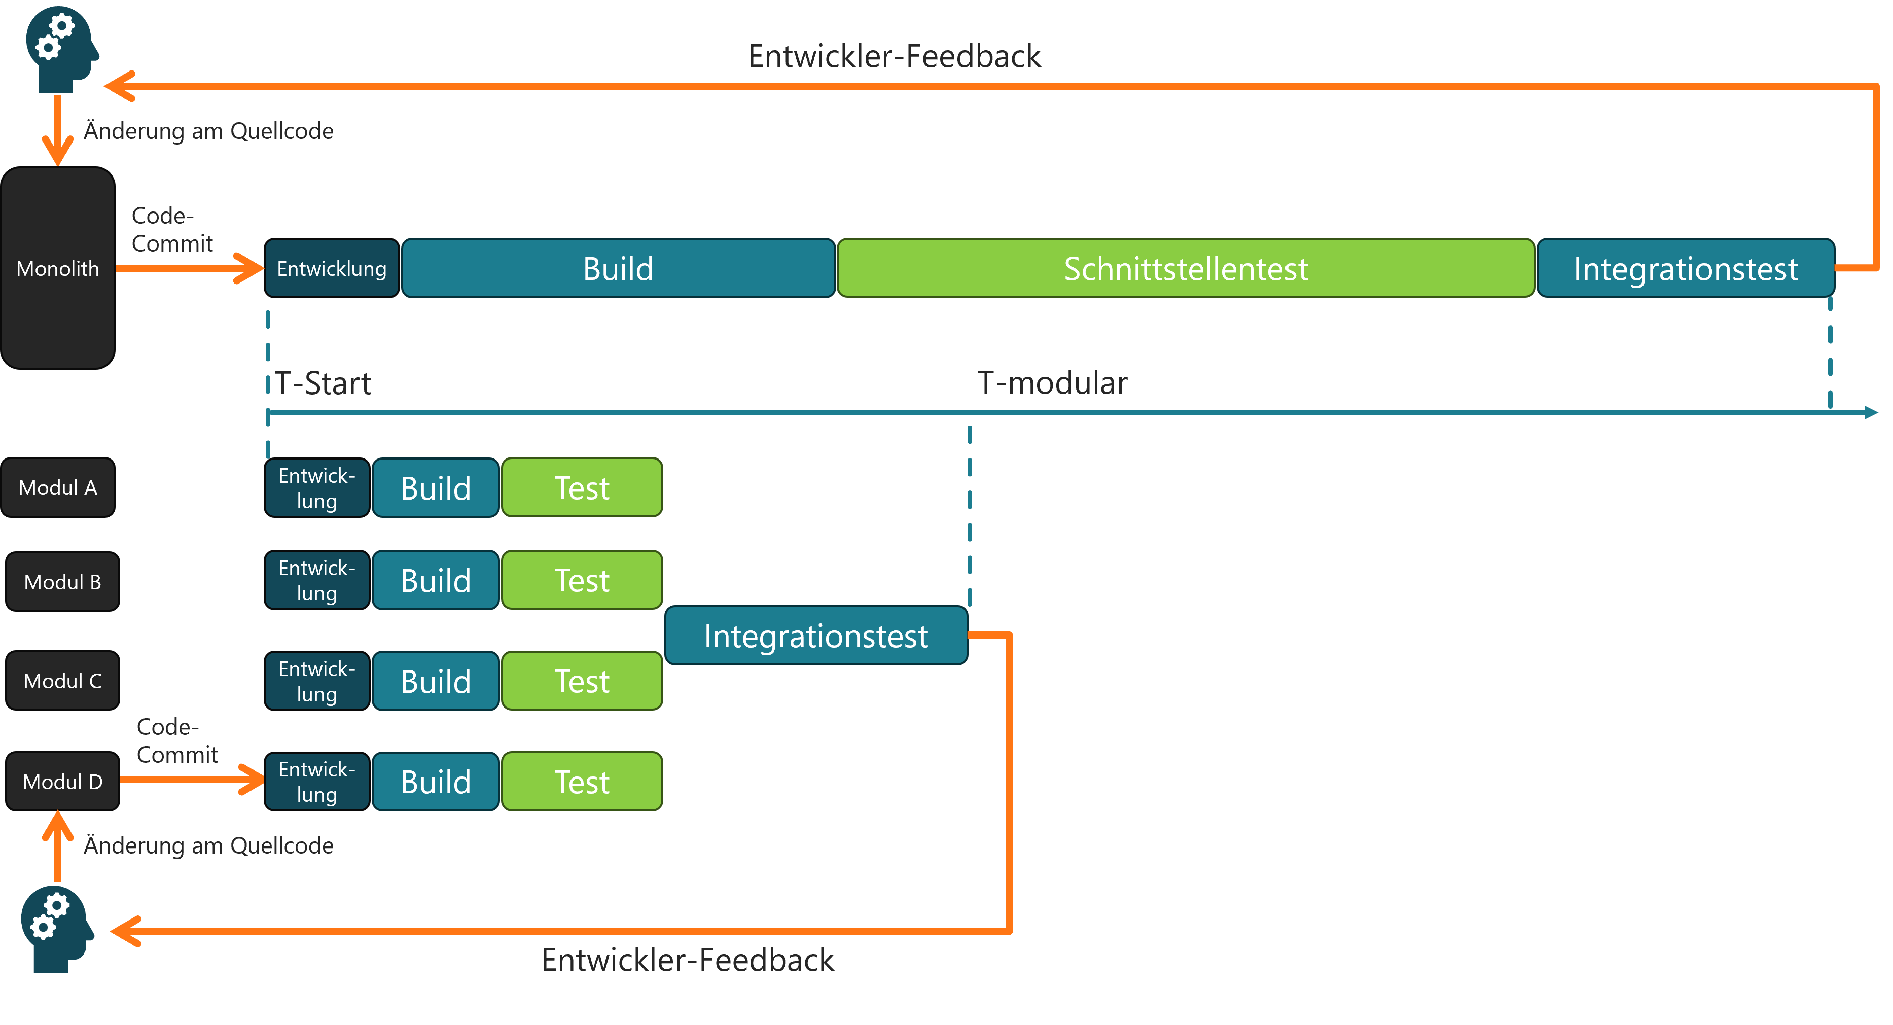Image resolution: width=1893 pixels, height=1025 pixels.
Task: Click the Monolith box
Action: click(x=57, y=268)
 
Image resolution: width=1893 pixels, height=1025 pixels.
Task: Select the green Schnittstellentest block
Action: click(x=1185, y=268)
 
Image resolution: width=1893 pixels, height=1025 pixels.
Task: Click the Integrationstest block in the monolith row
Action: click(x=1685, y=268)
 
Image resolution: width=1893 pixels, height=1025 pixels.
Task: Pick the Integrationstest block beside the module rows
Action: click(x=816, y=635)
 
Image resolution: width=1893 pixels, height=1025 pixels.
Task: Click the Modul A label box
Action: click(x=57, y=488)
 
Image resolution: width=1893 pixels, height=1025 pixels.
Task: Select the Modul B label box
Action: click(x=62, y=582)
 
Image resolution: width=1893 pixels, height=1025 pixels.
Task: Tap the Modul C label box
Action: click(x=62, y=681)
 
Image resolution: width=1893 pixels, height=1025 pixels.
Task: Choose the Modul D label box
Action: click(x=62, y=782)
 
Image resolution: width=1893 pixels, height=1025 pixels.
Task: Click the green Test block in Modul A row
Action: click(x=581, y=488)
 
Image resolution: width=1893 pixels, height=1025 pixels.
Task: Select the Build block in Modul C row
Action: click(x=435, y=681)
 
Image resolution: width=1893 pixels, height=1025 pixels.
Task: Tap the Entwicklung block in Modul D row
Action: click(x=317, y=782)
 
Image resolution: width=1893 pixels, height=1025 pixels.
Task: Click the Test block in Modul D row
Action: click(x=581, y=782)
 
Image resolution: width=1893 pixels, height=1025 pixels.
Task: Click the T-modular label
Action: click(x=1052, y=383)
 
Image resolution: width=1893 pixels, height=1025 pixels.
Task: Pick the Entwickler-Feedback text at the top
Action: click(x=894, y=57)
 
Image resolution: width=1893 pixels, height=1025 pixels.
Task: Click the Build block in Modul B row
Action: click(x=435, y=581)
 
